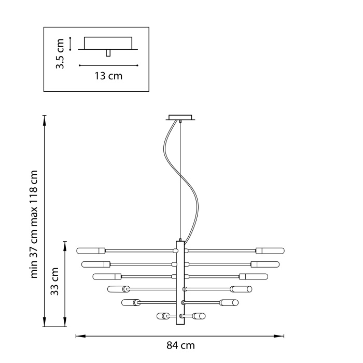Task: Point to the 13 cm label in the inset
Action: (x=108, y=76)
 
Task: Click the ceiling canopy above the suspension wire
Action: (x=180, y=118)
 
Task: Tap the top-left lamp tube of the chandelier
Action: (x=91, y=250)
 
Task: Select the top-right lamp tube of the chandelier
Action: (x=270, y=250)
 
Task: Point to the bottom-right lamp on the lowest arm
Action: (x=199, y=315)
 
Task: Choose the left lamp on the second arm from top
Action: (x=96, y=264)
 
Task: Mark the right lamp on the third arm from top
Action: (x=253, y=276)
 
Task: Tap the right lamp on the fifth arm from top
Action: (x=228, y=302)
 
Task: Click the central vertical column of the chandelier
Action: (x=180, y=283)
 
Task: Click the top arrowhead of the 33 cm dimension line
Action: (x=65, y=243)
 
